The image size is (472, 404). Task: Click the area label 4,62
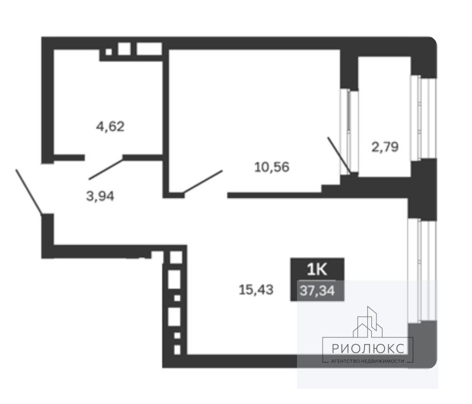click(x=110, y=126)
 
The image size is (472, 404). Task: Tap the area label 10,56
click(x=272, y=167)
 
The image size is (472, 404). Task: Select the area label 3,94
click(x=100, y=196)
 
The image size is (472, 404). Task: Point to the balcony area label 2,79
click(x=385, y=147)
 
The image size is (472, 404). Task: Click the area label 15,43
click(x=256, y=290)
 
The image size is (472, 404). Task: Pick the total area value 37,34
click(x=317, y=291)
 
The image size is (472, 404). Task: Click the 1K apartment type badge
click(x=317, y=269)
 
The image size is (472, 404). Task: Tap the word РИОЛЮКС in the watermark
click(x=368, y=349)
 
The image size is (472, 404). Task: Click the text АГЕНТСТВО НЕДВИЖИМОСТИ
click(x=367, y=361)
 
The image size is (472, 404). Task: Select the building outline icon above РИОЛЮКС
click(x=368, y=322)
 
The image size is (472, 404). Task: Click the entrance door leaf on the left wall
click(x=29, y=192)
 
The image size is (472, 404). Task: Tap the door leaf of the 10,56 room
click(x=203, y=181)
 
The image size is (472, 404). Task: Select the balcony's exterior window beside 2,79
click(x=423, y=118)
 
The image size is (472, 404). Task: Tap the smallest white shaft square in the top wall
click(x=108, y=52)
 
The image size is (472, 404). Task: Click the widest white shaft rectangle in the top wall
click(x=149, y=49)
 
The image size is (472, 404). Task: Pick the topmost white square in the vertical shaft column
click(x=176, y=257)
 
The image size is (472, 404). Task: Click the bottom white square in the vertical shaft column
click(x=177, y=350)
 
